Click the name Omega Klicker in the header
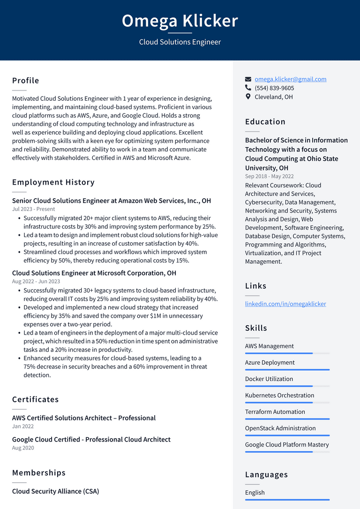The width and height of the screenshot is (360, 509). (180, 21)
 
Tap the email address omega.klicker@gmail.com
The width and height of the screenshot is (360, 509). (290, 79)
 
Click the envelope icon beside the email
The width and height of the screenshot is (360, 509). (248, 79)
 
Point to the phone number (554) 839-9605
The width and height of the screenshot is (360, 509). (274, 88)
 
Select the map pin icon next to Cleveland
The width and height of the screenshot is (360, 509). (248, 97)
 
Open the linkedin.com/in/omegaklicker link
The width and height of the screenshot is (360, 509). (285, 304)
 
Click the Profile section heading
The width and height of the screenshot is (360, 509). (26, 81)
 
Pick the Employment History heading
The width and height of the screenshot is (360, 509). (53, 182)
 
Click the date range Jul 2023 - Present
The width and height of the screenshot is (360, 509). (33, 209)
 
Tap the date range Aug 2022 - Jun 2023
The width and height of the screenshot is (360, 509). (36, 281)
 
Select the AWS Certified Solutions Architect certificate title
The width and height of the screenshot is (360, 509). (84, 418)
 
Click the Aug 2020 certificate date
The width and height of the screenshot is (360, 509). (23, 448)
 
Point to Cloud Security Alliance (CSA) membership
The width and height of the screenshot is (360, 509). (55, 491)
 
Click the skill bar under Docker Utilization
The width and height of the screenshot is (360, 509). (287, 386)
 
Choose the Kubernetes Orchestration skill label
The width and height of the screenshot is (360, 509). (279, 395)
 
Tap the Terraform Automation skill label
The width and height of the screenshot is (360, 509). (275, 412)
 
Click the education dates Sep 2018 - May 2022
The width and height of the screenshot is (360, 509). (269, 176)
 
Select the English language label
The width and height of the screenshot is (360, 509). (255, 493)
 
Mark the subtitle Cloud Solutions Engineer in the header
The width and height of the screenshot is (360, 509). (180, 42)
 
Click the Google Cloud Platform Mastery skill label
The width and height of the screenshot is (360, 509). (287, 444)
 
